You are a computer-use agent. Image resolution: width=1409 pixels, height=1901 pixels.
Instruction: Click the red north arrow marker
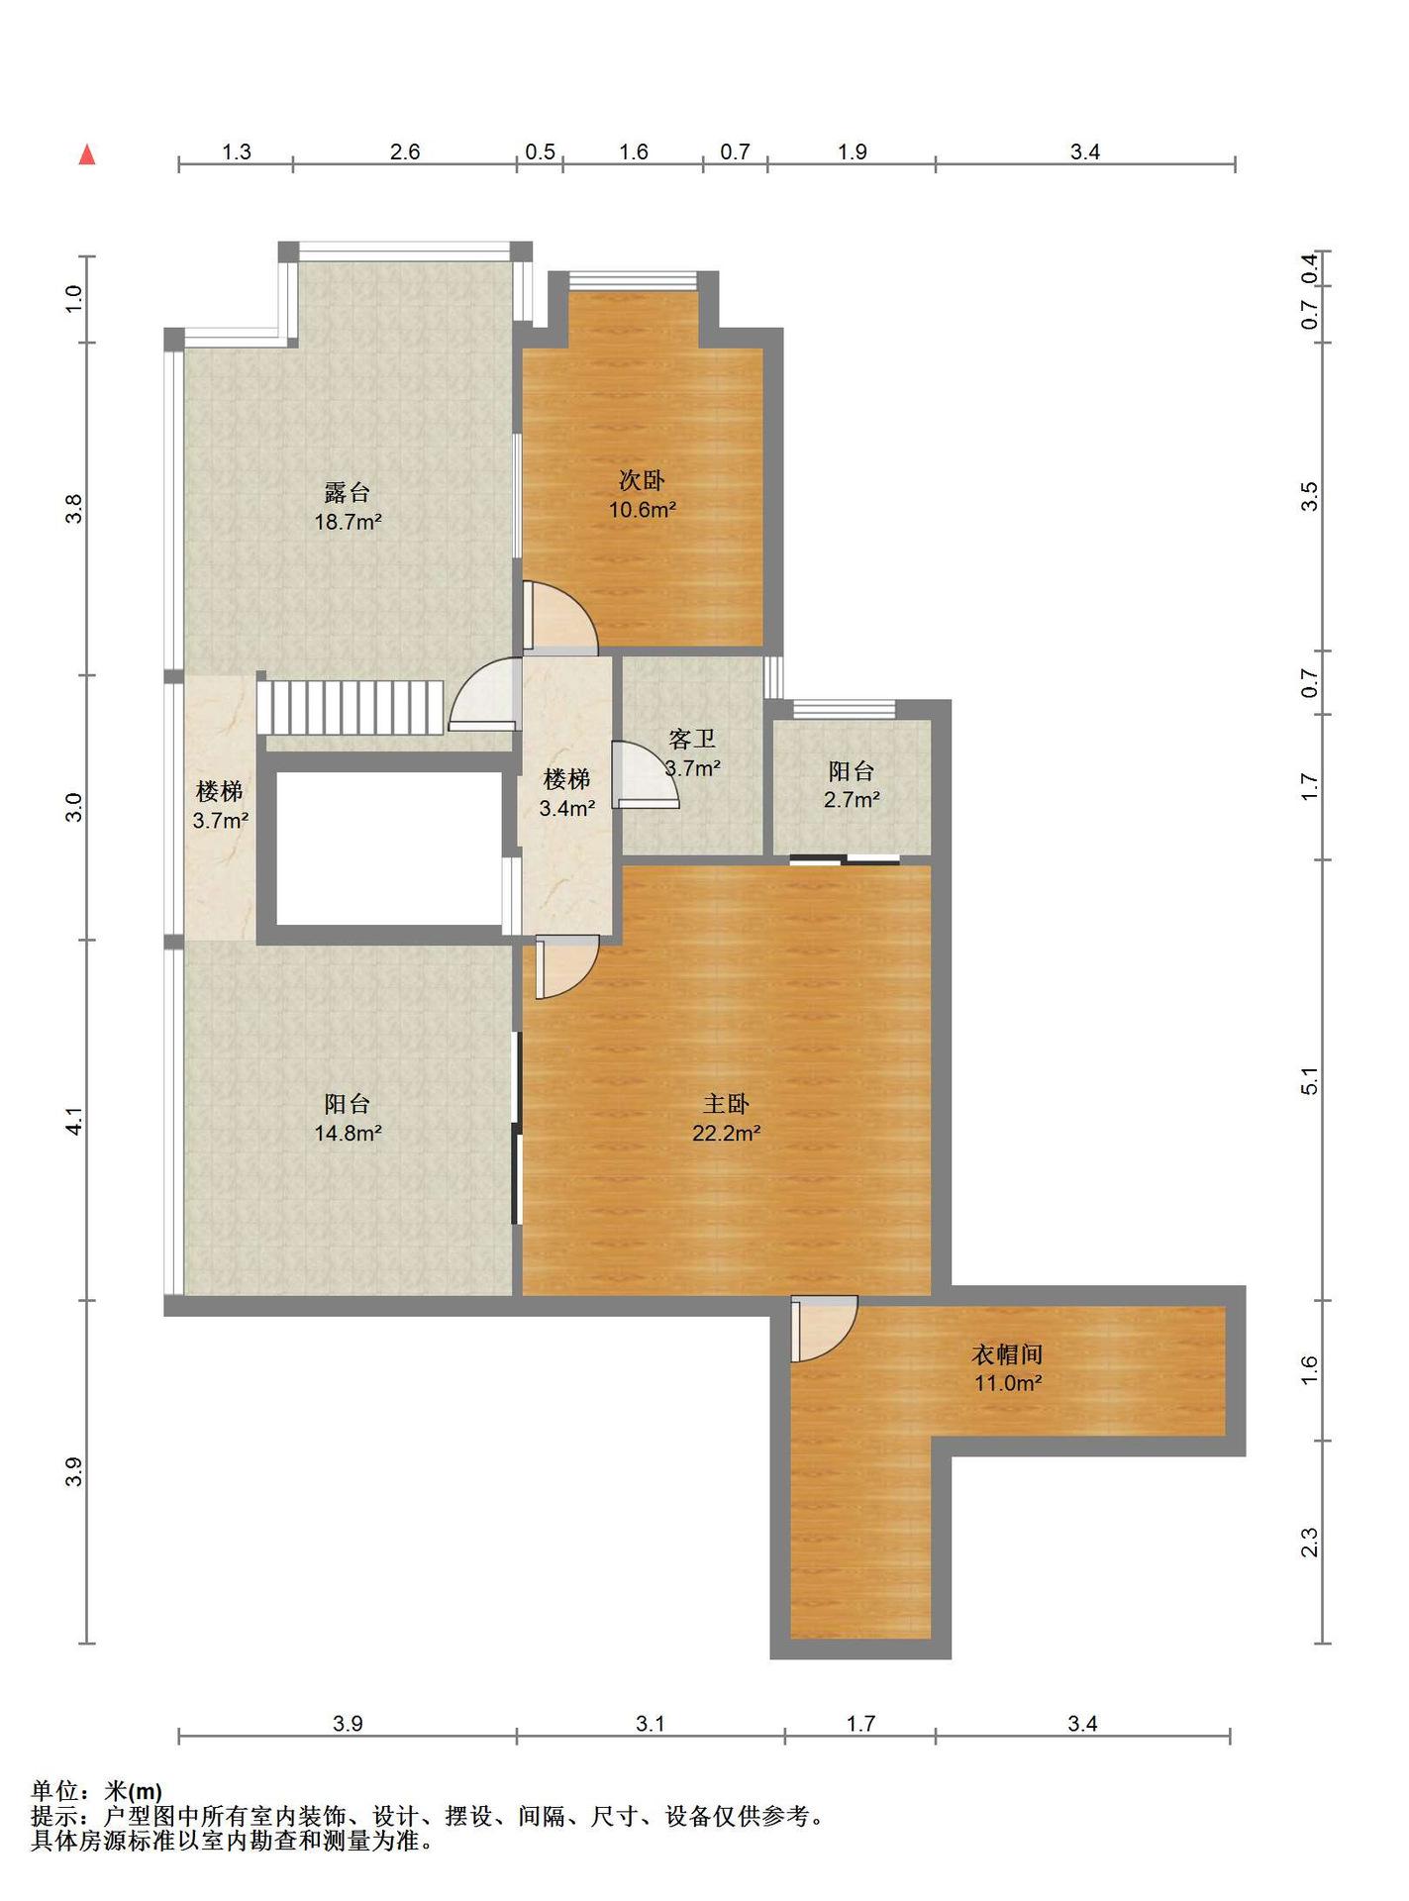87,154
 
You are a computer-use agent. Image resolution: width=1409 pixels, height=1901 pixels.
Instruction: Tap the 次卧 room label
642,481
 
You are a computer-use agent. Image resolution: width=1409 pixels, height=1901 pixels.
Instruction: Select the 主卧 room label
726,1104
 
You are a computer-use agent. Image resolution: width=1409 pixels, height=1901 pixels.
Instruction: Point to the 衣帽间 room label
1007,1354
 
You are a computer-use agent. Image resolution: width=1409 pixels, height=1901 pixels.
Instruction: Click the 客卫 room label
692,740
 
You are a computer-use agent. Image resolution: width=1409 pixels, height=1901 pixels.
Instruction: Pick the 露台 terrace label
348,492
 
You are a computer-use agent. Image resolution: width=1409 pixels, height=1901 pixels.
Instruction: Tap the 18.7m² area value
348,522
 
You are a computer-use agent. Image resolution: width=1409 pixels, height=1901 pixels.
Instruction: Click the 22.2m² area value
726,1134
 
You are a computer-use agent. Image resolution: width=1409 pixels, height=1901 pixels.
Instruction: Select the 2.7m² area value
852,800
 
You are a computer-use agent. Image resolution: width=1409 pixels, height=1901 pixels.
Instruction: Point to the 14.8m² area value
348,1134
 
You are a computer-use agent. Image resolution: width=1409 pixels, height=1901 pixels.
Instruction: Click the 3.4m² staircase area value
566,808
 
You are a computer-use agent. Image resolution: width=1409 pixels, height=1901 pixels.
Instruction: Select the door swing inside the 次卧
560,618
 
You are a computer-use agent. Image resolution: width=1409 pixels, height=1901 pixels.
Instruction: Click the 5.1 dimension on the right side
1309,1081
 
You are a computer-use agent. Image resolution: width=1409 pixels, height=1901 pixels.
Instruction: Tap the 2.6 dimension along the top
405,151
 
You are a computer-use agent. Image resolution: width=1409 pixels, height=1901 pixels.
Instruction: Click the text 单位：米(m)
96,1791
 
